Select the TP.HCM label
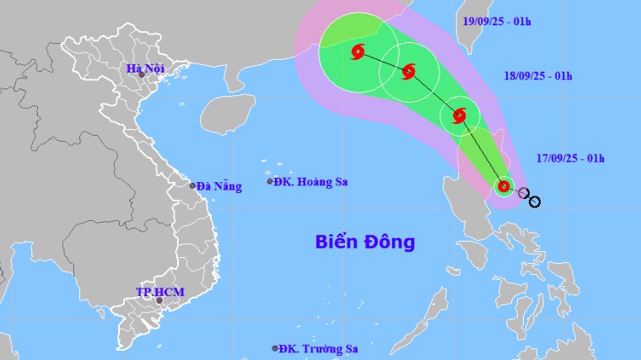pos(160,292)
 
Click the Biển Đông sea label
pos(365,242)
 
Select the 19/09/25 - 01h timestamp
pos(498,19)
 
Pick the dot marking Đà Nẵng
pos(192,185)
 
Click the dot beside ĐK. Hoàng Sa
pos(270,181)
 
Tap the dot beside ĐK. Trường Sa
pos(275,348)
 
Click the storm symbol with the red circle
pos(504,186)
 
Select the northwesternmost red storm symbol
pos(357,52)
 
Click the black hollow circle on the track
pos(534,201)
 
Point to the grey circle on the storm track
pos(524,194)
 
